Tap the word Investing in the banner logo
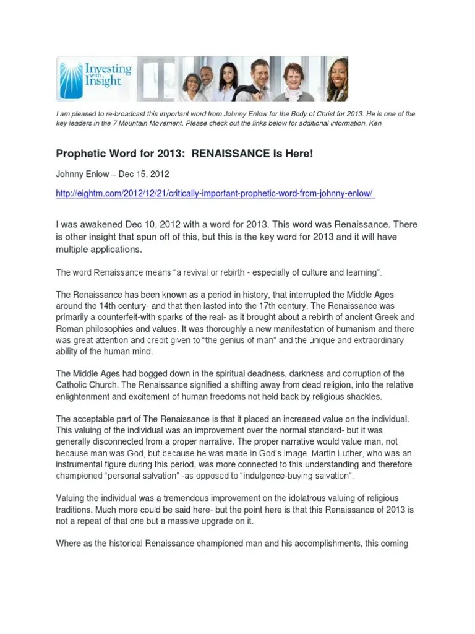click(x=111, y=69)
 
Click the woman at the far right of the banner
click(x=338, y=79)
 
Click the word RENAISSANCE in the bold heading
click(x=229, y=153)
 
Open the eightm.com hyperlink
click(x=215, y=194)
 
